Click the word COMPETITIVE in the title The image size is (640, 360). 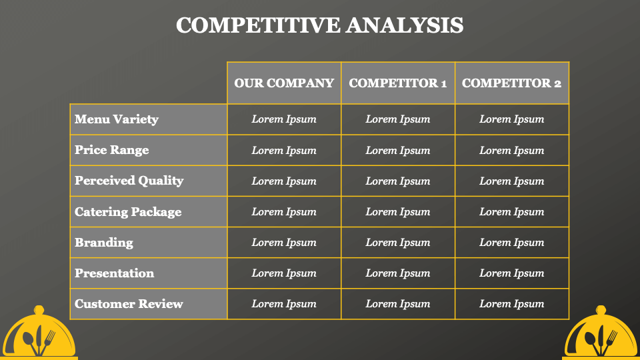[x=258, y=25]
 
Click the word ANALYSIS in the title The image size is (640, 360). [x=405, y=25]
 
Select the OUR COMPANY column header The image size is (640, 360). [x=284, y=83]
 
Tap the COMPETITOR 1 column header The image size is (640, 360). [x=398, y=83]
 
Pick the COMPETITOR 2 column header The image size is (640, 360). [x=512, y=83]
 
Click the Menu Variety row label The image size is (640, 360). [x=116, y=119]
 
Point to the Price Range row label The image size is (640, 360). [x=111, y=150]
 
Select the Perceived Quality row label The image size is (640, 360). [x=129, y=181]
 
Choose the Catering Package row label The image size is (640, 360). [x=128, y=212]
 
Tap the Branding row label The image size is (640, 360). [x=104, y=243]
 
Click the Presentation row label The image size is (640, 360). [x=114, y=273]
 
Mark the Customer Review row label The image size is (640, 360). [x=129, y=304]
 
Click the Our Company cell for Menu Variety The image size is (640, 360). [x=284, y=119]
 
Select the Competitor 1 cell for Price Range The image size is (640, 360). [x=398, y=150]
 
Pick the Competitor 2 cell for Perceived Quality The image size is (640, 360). [x=512, y=181]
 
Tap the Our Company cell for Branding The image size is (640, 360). [x=284, y=243]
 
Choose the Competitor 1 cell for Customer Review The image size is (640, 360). [x=398, y=304]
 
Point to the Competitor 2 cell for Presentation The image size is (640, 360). [x=512, y=273]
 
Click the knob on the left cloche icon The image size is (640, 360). [x=39, y=310]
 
